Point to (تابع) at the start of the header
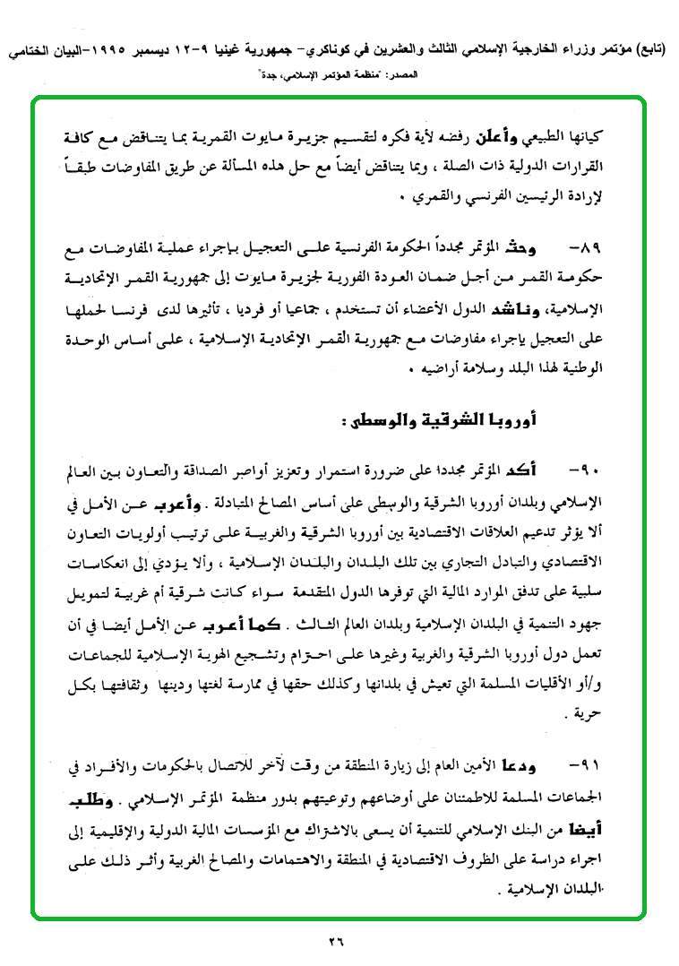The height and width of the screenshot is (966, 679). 655,53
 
